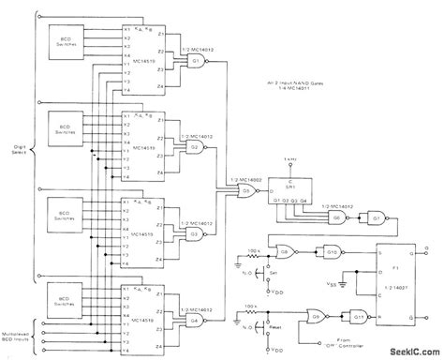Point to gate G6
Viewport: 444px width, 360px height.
point(335,215)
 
